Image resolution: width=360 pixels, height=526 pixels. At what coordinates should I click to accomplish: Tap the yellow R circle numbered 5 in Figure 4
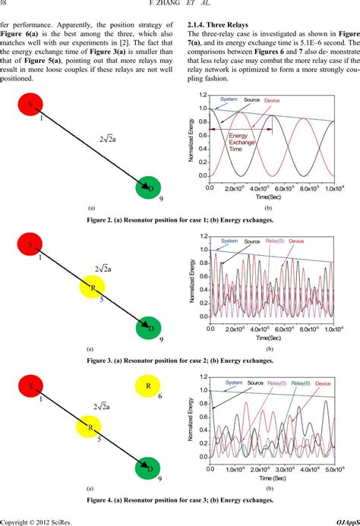tap(91, 425)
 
